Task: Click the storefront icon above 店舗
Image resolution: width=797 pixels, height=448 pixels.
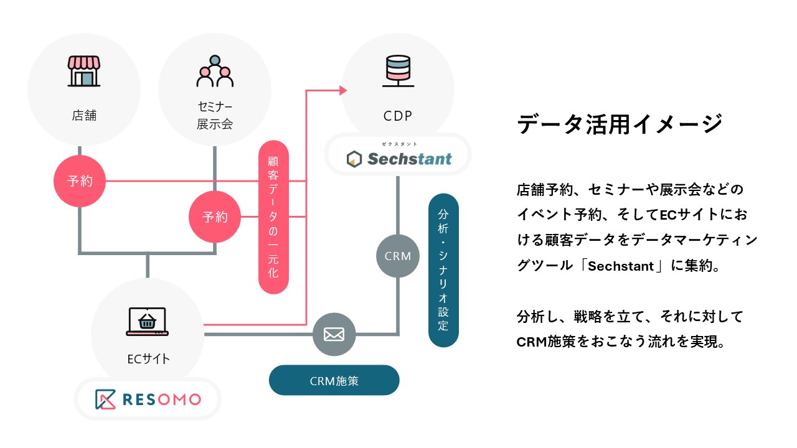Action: coord(83,72)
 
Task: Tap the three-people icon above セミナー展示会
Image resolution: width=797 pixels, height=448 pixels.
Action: coord(215,72)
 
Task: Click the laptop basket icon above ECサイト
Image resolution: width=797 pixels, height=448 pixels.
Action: coord(147,322)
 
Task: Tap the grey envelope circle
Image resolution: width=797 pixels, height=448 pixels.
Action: coord(334,334)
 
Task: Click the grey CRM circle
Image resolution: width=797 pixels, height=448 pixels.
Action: coord(398,256)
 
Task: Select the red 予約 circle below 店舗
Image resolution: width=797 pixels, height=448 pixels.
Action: coord(80,182)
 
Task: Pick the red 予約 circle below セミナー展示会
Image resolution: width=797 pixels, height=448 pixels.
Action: coord(215,217)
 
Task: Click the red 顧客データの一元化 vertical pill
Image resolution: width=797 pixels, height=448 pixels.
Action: coord(273,218)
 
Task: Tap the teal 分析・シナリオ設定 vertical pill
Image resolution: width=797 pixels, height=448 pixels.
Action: coord(443,270)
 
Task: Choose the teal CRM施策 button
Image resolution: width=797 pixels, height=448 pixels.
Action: coord(334,380)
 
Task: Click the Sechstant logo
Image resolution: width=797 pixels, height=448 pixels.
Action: coord(398,158)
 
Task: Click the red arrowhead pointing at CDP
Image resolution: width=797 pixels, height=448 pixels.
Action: coord(342,91)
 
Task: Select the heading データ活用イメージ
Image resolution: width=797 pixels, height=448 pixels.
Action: coord(620,124)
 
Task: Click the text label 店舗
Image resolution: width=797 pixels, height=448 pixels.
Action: coord(84,115)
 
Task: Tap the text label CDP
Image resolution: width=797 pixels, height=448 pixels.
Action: coord(398,116)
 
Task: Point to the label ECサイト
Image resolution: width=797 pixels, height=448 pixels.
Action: coord(148,358)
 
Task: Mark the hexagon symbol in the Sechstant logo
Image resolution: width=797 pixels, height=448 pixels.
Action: coord(354,159)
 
